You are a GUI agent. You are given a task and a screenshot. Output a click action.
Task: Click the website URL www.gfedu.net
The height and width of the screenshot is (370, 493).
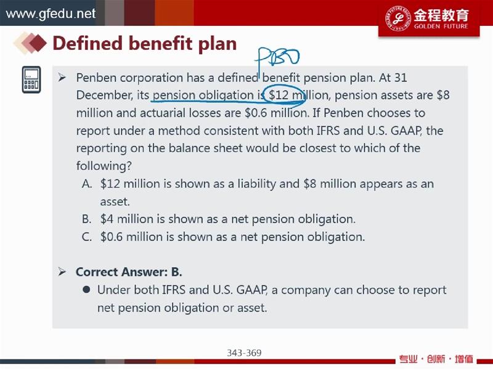coord(51,14)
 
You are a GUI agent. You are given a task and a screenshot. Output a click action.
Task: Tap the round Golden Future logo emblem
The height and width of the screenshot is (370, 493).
coord(397,18)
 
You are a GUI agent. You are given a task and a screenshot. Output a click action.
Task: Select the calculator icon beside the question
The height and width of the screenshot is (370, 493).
coord(31,80)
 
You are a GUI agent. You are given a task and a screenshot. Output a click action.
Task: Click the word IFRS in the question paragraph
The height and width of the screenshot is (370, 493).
coord(328,131)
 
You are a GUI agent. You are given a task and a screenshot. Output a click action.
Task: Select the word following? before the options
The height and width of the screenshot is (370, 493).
coord(104,165)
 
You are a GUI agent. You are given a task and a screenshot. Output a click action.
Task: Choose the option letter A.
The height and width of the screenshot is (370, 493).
coord(86,183)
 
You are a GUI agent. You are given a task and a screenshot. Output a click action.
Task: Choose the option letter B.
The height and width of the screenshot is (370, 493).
coord(86,219)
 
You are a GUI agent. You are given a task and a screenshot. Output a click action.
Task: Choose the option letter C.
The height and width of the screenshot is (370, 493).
coord(86,237)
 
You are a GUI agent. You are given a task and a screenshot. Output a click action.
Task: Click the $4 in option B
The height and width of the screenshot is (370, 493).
coord(107,219)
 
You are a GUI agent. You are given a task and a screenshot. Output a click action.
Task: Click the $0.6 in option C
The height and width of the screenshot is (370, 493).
coord(112,237)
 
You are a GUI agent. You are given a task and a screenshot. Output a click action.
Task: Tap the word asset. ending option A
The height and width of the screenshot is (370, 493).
coord(115,202)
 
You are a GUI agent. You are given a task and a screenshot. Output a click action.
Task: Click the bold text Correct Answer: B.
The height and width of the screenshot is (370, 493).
coord(129,272)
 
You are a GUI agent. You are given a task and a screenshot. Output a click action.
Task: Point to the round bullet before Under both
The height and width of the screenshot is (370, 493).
coord(86,289)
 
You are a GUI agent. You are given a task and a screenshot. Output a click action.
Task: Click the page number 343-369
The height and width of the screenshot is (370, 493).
coord(244,353)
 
